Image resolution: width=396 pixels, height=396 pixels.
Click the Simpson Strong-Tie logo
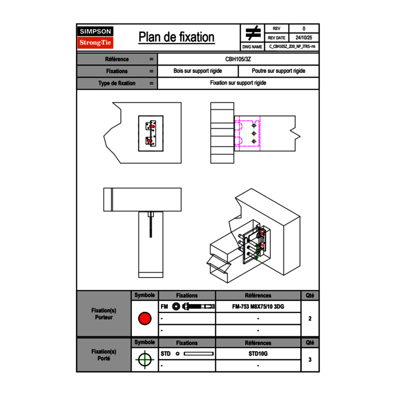pos(95,37)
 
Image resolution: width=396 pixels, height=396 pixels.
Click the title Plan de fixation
pos(176,37)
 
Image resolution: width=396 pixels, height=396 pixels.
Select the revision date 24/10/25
pos(304,38)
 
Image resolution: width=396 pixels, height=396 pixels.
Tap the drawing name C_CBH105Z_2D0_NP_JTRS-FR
pos(292,47)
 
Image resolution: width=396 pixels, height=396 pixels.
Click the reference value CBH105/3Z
pos(238,59)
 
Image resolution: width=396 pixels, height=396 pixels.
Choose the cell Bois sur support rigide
pos(198,71)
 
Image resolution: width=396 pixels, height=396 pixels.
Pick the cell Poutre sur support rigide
pos(279,71)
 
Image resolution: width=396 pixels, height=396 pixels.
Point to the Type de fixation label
pos(117,83)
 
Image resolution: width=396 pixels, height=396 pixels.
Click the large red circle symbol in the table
pos(144,319)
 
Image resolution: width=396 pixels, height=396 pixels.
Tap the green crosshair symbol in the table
pos(144,360)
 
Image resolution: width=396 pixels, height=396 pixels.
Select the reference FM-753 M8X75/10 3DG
pos(258,307)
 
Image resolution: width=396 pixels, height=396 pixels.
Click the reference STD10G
pos(258,354)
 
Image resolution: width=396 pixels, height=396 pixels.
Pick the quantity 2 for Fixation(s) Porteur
pos(310,319)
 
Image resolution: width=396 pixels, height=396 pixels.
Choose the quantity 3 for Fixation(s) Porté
pos(310,360)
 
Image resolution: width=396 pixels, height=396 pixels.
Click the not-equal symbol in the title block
pos(253,33)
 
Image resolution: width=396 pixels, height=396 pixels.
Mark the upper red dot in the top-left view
pos(153,127)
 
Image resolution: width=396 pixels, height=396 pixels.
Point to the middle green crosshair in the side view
pos(254,133)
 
